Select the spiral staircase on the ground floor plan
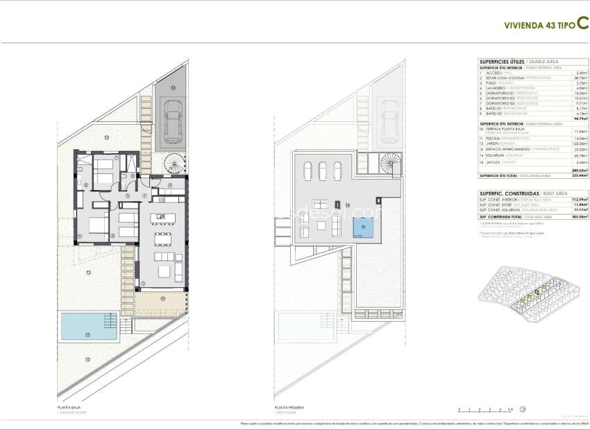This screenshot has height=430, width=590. (x=174, y=164)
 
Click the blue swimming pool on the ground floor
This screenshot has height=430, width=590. (x=89, y=326)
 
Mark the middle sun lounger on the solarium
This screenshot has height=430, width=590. (x=323, y=171)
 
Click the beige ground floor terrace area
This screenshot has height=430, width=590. (x=161, y=302)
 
